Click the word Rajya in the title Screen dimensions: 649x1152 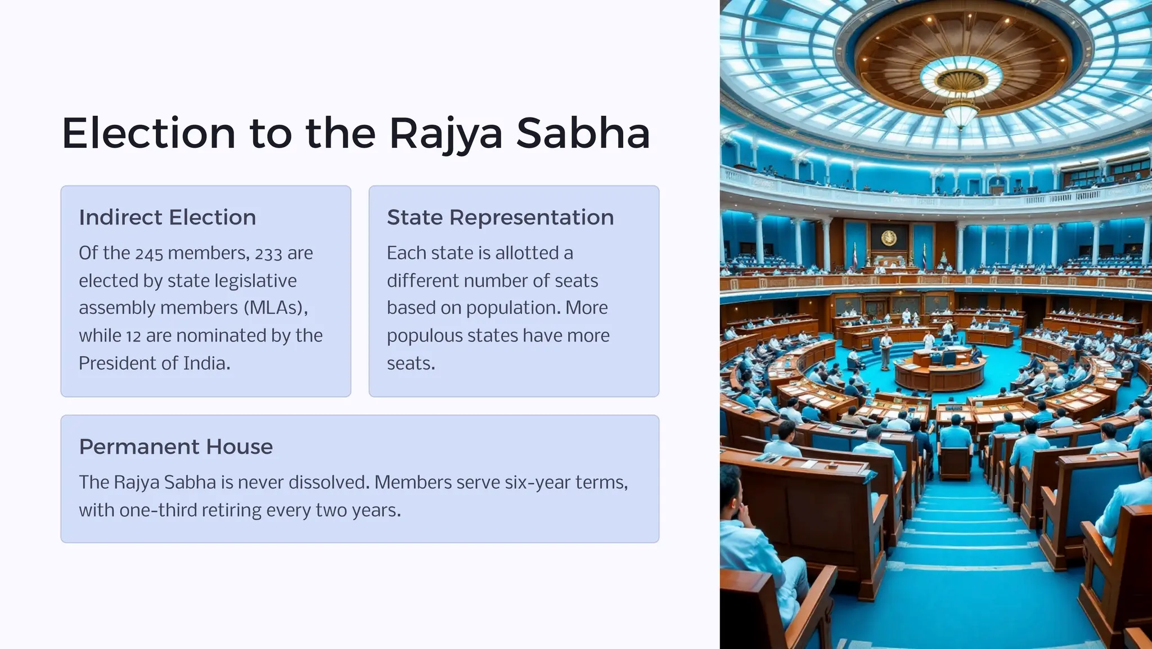pos(445,134)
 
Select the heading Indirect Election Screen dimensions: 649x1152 pos(167,218)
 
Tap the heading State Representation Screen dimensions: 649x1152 pos(500,218)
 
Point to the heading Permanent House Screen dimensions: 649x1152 pos(175,447)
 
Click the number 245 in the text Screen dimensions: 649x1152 pos(149,254)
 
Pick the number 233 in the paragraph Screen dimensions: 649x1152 pos(268,254)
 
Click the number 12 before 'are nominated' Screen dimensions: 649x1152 pos(133,336)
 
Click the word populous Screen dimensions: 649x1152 pos(424,336)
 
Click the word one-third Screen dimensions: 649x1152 pos(149,510)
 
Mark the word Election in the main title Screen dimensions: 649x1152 pos(148,134)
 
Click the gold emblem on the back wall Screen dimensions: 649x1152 pos(889,238)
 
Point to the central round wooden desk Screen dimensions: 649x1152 pos(940,372)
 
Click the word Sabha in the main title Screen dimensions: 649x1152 pos(583,134)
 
